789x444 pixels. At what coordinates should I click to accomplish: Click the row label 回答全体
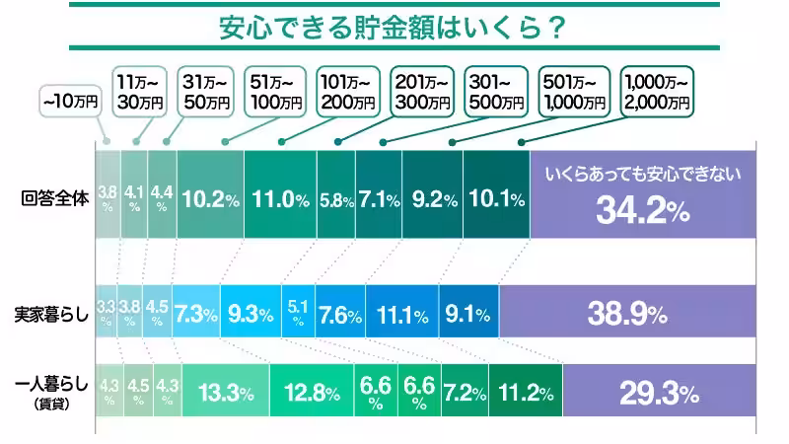click(x=55, y=195)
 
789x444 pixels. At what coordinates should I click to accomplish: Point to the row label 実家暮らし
click(x=51, y=316)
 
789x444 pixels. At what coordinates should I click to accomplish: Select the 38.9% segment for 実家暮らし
click(x=627, y=316)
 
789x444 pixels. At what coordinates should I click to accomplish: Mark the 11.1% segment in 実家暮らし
click(x=401, y=316)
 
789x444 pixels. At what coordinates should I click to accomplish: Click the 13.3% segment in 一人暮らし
click(x=226, y=393)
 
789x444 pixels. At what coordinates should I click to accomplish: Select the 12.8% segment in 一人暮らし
click(x=313, y=393)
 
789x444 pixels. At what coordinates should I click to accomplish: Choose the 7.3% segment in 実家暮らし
click(x=196, y=316)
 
